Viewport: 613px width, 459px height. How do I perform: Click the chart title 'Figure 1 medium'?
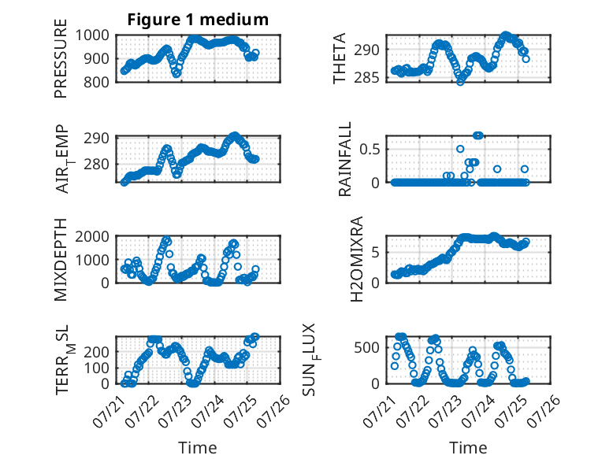[x=198, y=20]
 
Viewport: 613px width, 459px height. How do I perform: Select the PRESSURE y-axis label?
[x=61, y=58]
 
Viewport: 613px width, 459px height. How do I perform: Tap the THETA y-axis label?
[x=340, y=58]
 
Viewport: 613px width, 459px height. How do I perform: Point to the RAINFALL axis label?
[x=345, y=159]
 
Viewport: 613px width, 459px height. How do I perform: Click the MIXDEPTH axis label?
[x=61, y=259]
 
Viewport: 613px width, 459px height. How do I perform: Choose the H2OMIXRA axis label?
[x=357, y=259]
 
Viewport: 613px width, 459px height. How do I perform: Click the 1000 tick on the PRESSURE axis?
[x=92, y=35]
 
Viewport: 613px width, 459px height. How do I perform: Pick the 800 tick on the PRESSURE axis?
[x=96, y=82]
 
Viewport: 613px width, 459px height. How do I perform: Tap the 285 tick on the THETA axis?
[x=366, y=78]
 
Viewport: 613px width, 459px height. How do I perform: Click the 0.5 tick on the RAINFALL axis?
[x=370, y=150]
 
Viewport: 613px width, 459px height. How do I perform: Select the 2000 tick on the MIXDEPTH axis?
[x=92, y=236]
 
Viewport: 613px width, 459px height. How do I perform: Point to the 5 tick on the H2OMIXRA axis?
[x=375, y=253]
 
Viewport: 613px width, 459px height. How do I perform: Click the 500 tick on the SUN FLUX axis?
[x=366, y=347]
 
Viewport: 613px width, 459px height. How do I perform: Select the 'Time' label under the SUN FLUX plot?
[x=468, y=448]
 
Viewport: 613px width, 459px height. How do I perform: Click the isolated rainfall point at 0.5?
[x=460, y=149]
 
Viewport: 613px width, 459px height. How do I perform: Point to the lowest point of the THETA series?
[x=460, y=82]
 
